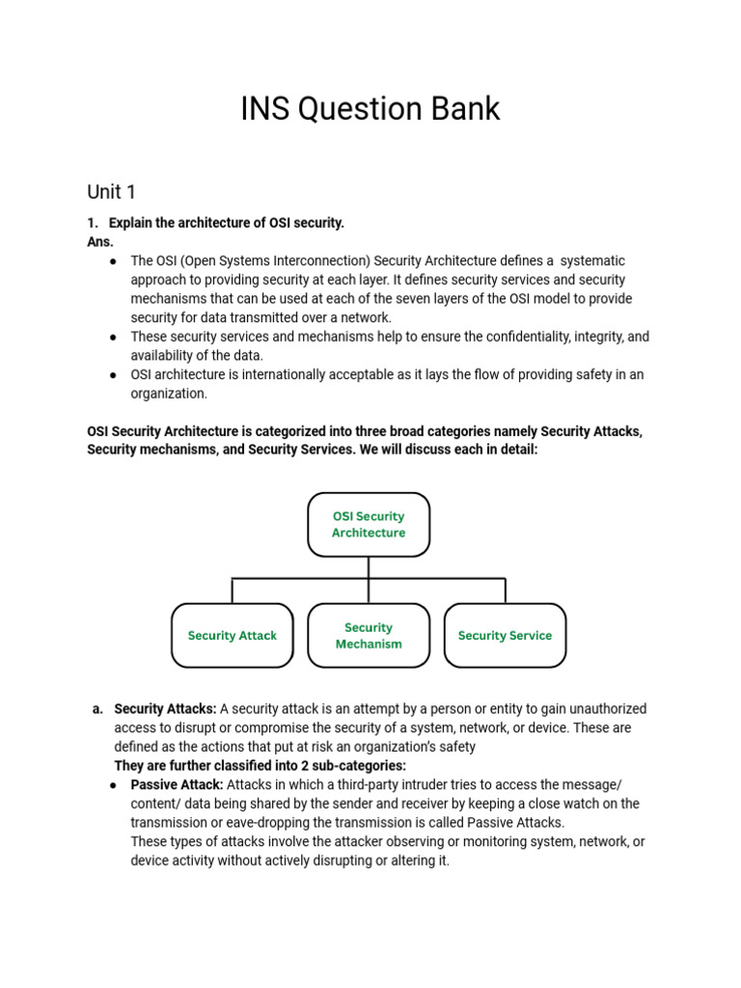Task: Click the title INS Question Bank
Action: pyautogui.click(x=370, y=109)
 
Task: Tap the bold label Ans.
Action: pyautogui.click(x=100, y=242)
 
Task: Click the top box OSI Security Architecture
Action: pyautogui.click(x=369, y=525)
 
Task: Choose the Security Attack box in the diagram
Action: pyautogui.click(x=232, y=636)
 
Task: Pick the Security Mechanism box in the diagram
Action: pyautogui.click(x=369, y=636)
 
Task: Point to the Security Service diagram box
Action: pyautogui.click(x=505, y=636)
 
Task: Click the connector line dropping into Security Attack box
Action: pyautogui.click(x=232, y=590)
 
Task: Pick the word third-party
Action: pyautogui.click(x=381, y=784)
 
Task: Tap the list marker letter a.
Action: pyautogui.click(x=97, y=709)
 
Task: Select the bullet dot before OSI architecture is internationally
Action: pyautogui.click(x=114, y=374)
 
